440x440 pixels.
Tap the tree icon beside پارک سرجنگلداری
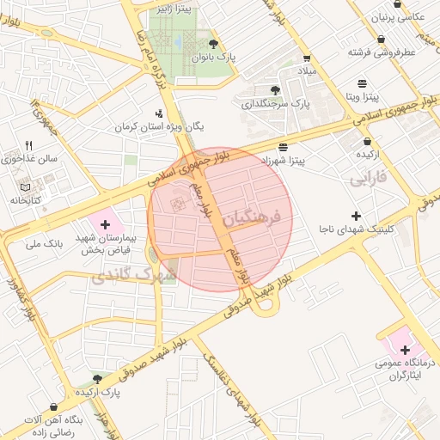(x=275, y=89)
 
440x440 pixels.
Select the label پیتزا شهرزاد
(x=284, y=161)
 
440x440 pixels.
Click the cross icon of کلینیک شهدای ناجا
(x=356, y=215)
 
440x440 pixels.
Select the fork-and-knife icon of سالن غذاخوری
(x=28, y=144)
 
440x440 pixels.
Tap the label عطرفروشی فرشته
(x=382, y=52)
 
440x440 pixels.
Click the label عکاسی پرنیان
(x=397, y=17)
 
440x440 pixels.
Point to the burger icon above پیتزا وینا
(x=363, y=83)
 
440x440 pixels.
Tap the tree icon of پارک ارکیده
(x=97, y=378)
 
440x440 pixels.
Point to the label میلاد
(x=307, y=69)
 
